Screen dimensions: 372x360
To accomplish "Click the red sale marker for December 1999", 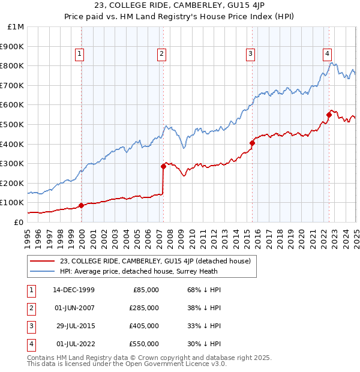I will click(x=81, y=206).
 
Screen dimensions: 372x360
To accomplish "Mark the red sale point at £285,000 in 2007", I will click(x=163, y=166).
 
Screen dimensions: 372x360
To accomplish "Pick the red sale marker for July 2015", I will click(x=253, y=143).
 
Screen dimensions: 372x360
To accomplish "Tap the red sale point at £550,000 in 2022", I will click(x=329, y=115).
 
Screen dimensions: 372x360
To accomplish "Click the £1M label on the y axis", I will click(x=16, y=27).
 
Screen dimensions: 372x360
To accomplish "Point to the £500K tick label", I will click(x=13, y=125).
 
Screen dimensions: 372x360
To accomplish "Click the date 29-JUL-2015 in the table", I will click(x=73, y=326).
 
